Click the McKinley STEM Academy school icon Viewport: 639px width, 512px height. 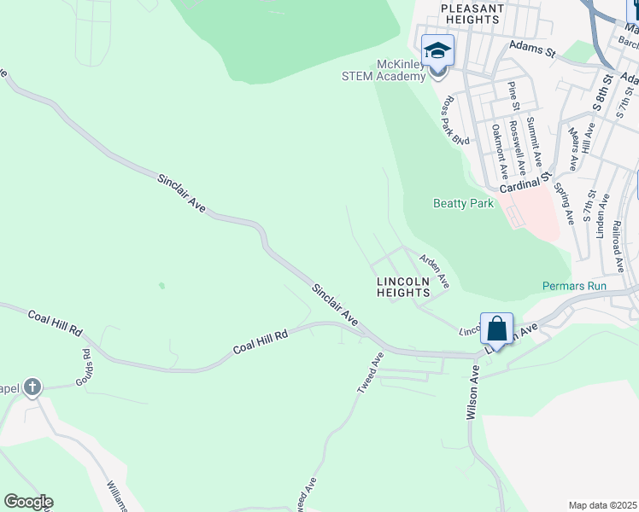pyautogui.click(x=437, y=50)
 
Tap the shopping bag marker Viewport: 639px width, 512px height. pyautogui.click(x=496, y=329)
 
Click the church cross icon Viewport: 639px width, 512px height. pyautogui.click(x=32, y=388)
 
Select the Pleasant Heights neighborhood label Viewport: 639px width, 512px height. pyautogui.click(x=471, y=14)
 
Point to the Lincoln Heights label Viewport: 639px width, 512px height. pyautogui.click(x=403, y=287)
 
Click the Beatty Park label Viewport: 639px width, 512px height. pyautogui.click(x=464, y=204)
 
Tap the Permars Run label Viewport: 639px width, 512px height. pyautogui.click(x=574, y=286)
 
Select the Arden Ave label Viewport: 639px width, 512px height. pyautogui.click(x=434, y=268)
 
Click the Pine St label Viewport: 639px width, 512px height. pyautogui.click(x=513, y=96)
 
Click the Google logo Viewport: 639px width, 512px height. pyautogui.click(x=28, y=502)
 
